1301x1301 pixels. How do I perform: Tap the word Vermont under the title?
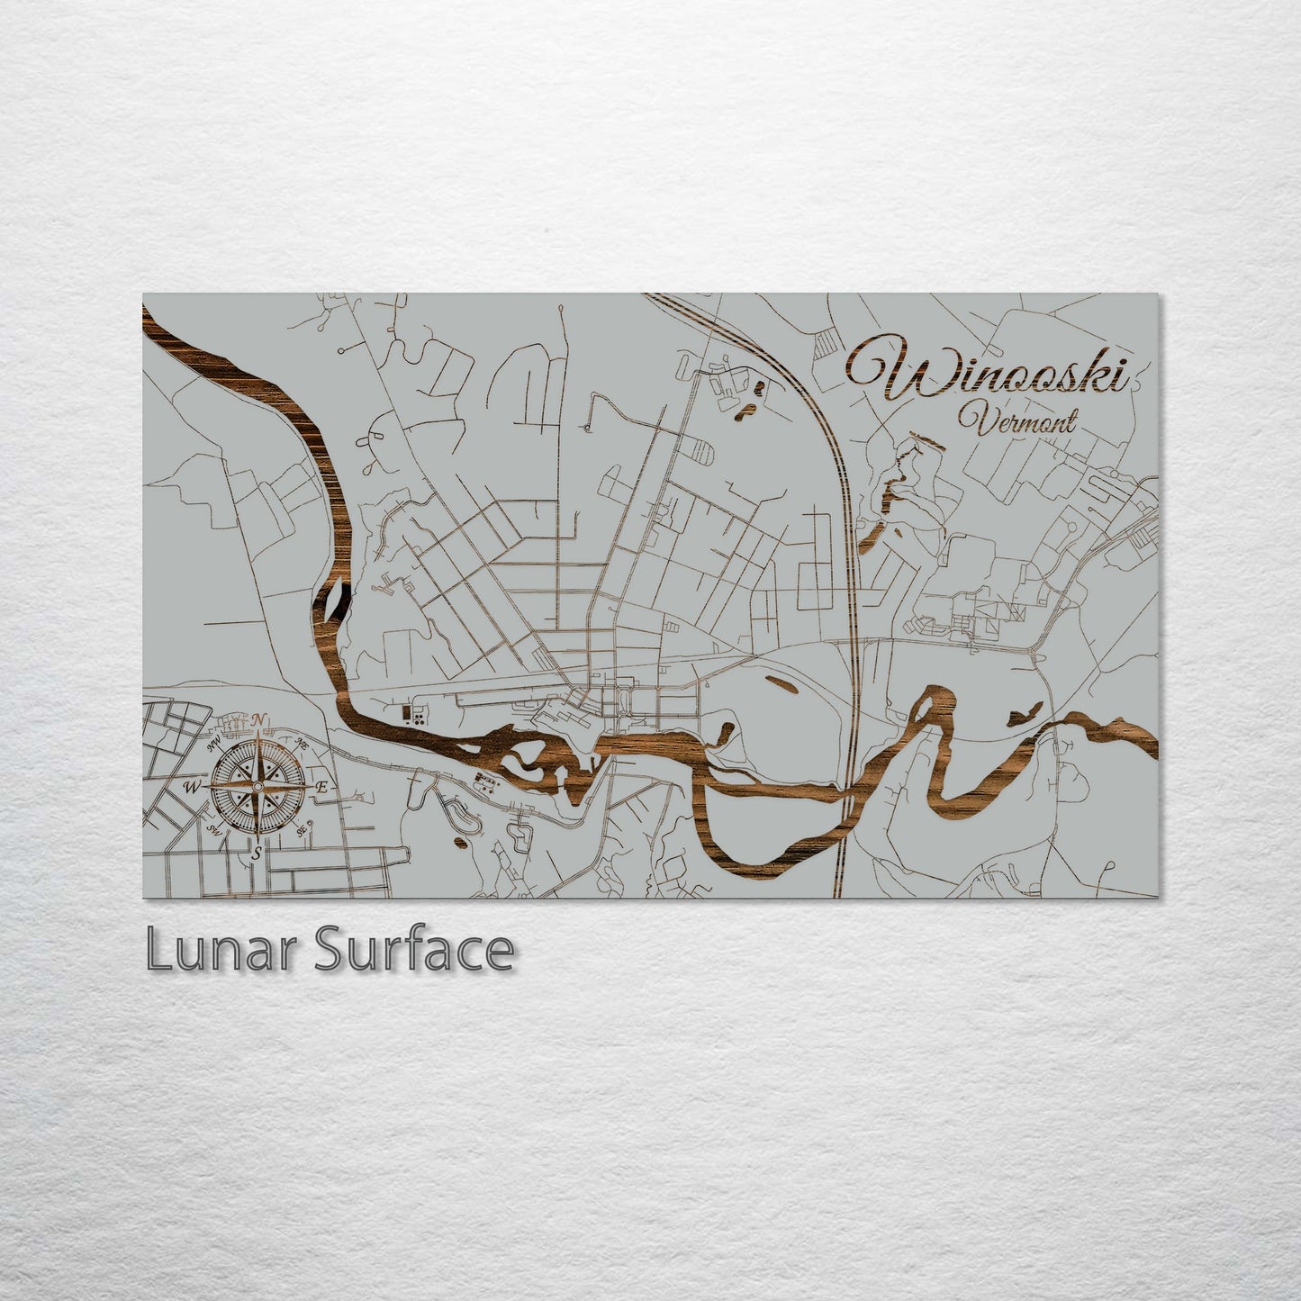pyautogui.click(x=1016, y=420)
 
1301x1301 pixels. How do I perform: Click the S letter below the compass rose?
pyautogui.click(x=257, y=852)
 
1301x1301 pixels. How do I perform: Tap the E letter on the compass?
pyautogui.click(x=321, y=787)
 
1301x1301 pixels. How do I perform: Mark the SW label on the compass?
pyautogui.click(x=214, y=829)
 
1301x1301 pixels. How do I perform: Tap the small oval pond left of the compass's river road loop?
pyautogui.click(x=461, y=843)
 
